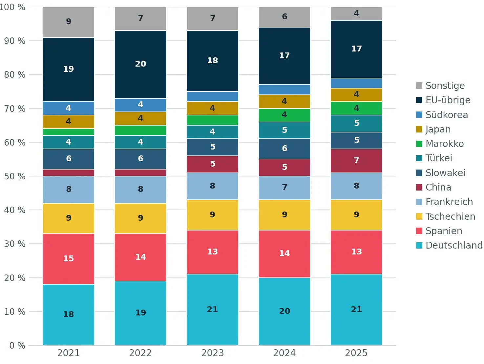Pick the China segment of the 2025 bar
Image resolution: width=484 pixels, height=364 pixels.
pos(356,161)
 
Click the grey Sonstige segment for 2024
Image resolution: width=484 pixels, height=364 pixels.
pos(284,17)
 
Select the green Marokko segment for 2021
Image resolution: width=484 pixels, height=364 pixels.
pos(69,132)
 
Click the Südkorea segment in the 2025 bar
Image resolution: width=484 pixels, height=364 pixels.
pos(356,83)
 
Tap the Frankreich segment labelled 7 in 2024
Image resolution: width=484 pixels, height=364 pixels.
pos(284,188)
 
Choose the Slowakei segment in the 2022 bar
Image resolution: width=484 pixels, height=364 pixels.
pos(140,159)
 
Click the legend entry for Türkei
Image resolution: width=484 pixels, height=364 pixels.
pos(439,158)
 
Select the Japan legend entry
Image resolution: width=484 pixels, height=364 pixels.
pos(438,129)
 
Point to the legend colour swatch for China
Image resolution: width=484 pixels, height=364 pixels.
pos(419,187)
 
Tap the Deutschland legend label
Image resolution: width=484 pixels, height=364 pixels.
pos(454,245)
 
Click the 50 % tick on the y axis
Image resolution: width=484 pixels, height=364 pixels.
pos(15,176)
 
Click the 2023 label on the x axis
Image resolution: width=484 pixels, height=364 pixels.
pos(213,353)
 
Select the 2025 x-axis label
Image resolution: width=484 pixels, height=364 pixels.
pos(356,353)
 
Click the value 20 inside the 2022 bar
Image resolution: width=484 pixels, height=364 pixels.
pos(140,64)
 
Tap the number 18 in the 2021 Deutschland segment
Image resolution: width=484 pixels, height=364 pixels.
pos(69,314)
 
